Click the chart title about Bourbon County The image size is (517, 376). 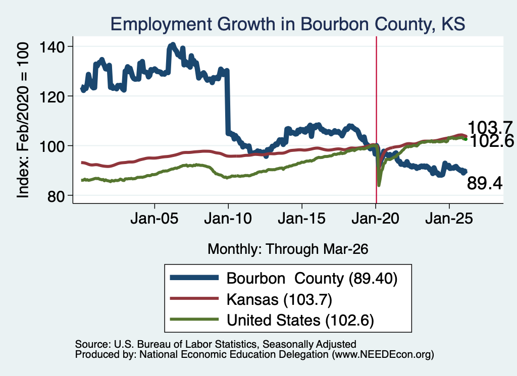click(x=287, y=24)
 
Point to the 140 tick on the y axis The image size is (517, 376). click(x=51, y=47)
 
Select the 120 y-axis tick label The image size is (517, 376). click(x=51, y=96)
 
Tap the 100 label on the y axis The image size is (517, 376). click(x=51, y=146)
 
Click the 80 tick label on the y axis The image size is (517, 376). click(x=56, y=196)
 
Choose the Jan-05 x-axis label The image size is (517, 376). click(x=154, y=219)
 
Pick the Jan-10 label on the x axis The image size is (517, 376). click(x=228, y=219)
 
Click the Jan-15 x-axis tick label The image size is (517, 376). click(x=302, y=219)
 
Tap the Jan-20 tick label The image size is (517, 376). click(x=375, y=219)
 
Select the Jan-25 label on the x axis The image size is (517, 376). click(x=449, y=219)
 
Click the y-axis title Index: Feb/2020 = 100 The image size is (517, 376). click(x=23, y=120)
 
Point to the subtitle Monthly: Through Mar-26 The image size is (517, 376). click(x=288, y=249)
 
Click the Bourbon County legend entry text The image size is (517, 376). click(x=312, y=279)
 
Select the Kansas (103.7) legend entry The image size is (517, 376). click(x=279, y=300)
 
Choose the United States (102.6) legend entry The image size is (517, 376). click(x=300, y=320)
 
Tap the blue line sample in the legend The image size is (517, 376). click(x=194, y=278)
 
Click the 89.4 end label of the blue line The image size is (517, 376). click(x=485, y=183)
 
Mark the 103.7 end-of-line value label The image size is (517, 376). click(x=490, y=128)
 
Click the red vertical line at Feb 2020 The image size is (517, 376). click(x=376, y=120)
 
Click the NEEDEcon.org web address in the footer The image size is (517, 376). click(x=383, y=355)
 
